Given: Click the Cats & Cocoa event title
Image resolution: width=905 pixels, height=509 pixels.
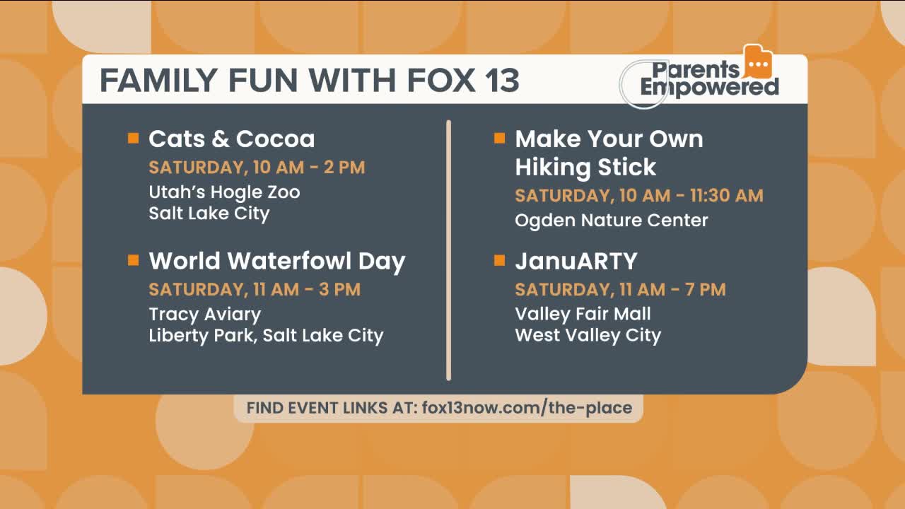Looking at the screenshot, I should [231, 139].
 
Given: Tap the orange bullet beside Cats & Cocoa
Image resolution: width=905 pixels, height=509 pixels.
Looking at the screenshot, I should [133, 138].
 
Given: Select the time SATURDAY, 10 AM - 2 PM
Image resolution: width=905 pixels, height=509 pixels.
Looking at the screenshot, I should [257, 168].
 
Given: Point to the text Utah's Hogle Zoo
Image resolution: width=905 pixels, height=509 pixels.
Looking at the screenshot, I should [224, 192].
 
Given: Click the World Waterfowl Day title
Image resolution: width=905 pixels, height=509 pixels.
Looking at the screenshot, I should [276, 261].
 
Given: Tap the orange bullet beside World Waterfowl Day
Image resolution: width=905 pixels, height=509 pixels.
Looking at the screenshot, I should [133, 260].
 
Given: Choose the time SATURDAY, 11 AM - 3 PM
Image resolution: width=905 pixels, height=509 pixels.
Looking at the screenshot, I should [255, 289].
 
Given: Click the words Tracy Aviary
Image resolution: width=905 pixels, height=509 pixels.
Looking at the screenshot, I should [204, 314].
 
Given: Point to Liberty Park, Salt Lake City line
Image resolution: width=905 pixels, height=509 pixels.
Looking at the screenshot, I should [266, 335].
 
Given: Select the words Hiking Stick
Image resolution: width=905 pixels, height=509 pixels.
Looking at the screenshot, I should [585, 167].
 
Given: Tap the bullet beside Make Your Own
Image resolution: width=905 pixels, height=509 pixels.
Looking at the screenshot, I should [499, 138].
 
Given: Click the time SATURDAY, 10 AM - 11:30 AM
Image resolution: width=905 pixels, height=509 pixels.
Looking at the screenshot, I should [638, 195].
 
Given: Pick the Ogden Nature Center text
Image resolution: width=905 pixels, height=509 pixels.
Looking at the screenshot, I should [611, 220].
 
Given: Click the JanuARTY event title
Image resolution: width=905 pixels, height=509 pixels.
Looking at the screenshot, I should [576, 261].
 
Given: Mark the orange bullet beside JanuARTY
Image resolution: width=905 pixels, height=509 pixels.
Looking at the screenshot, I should [499, 260].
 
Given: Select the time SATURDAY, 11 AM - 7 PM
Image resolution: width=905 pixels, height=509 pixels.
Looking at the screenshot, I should [620, 289].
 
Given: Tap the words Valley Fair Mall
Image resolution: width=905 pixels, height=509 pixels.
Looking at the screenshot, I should [583, 314].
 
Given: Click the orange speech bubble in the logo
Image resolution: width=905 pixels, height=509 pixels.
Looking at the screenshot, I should [757, 63].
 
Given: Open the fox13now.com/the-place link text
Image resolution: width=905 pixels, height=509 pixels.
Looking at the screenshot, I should [527, 408].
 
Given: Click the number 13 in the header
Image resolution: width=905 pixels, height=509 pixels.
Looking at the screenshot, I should [502, 80].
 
